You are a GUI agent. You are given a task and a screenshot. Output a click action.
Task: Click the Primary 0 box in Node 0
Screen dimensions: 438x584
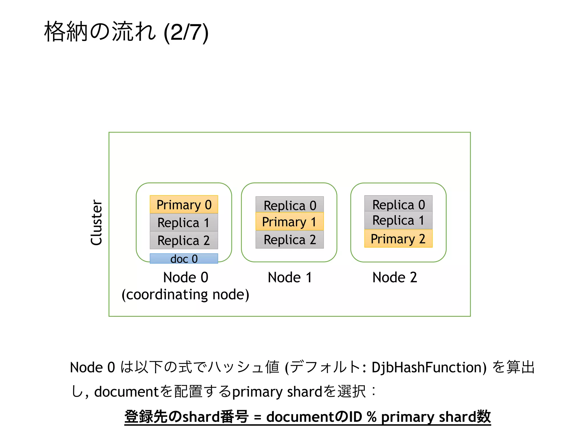[x=184, y=204]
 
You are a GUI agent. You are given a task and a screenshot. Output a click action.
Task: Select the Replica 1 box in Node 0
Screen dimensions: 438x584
[x=184, y=222]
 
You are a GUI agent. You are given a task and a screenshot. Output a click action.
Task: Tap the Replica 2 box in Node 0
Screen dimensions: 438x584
[x=184, y=240]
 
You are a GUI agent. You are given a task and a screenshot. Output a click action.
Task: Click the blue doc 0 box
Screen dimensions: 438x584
[x=184, y=259]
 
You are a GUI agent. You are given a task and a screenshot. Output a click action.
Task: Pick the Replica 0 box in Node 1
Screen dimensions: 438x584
[x=290, y=205]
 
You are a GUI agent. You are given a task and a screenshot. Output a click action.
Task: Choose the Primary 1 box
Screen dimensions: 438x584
[x=290, y=222]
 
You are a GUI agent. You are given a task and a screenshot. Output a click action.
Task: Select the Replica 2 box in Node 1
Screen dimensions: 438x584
[x=290, y=240]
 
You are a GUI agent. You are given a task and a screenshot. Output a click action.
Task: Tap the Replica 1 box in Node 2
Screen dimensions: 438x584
[x=398, y=220]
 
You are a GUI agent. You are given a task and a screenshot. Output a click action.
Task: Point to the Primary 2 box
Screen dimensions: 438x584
[x=398, y=239]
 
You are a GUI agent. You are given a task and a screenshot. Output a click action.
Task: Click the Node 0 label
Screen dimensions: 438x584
[x=186, y=277]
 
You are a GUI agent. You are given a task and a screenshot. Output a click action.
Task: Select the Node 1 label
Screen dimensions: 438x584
[x=290, y=277]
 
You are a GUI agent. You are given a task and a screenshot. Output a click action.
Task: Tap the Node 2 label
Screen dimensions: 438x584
[x=395, y=277]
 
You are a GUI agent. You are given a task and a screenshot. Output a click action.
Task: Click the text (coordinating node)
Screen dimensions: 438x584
[x=185, y=295]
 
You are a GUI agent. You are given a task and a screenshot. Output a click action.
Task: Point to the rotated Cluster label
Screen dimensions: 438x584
[x=96, y=222]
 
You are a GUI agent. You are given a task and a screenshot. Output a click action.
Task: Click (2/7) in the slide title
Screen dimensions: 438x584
[x=186, y=32]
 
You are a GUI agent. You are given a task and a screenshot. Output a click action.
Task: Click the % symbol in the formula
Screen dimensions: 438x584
[x=372, y=417]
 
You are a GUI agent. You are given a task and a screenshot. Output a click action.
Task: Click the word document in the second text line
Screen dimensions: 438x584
[x=126, y=392]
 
